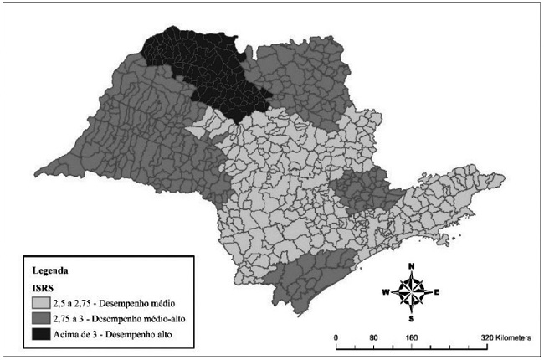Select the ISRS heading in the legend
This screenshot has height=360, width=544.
coord(43,287)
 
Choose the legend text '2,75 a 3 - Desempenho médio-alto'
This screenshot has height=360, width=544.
coord(122,319)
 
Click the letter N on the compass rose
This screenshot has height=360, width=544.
coord(412,266)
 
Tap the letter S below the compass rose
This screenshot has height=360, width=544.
coord(412,319)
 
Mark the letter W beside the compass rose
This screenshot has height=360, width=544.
coord(385,292)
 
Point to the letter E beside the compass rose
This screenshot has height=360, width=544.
coord(437,292)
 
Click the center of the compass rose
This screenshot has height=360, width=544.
coord(412,292)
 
